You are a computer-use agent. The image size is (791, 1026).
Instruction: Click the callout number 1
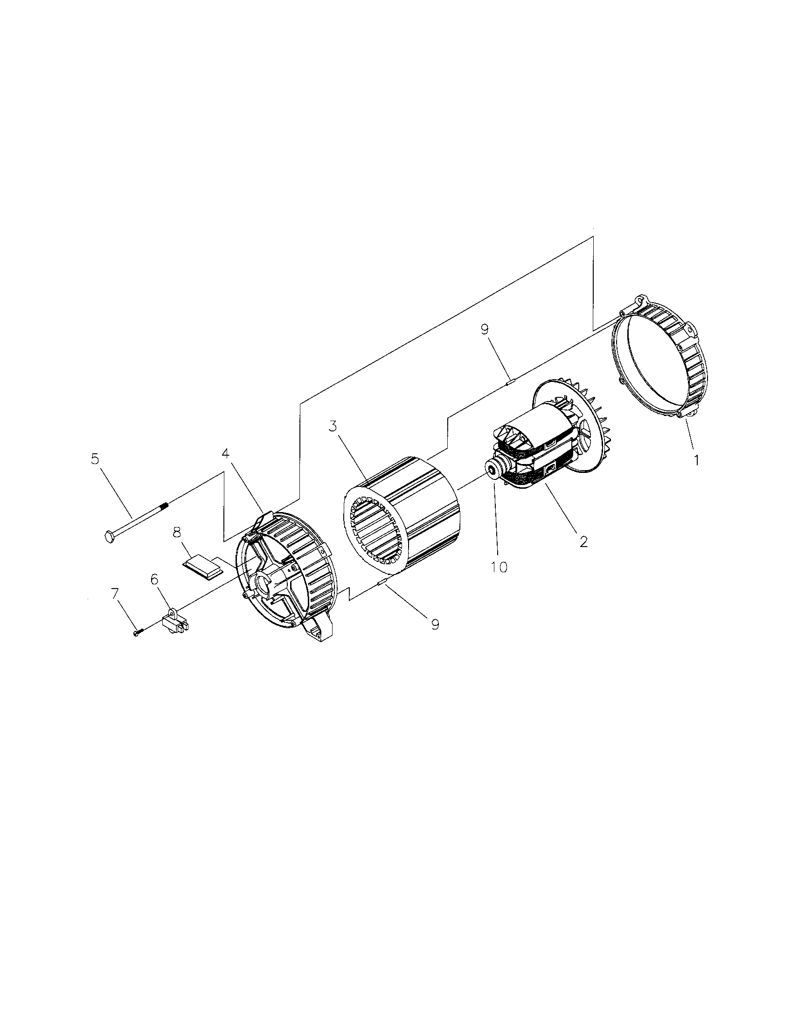tap(696, 460)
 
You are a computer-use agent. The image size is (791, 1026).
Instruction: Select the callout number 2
tap(583, 541)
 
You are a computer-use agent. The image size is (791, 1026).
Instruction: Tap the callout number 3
tap(333, 427)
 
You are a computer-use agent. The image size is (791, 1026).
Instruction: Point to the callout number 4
tap(226, 454)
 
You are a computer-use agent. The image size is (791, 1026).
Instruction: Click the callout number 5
tap(95, 459)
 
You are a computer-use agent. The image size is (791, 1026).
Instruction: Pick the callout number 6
tap(154, 580)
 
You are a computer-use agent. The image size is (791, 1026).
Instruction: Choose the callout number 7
tap(115, 594)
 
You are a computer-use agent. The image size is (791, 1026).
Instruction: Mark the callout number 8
tap(177, 533)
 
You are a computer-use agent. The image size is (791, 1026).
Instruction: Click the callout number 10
tap(500, 567)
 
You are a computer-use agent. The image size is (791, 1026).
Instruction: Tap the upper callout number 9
tap(485, 329)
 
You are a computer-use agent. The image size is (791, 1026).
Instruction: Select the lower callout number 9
tap(435, 624)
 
